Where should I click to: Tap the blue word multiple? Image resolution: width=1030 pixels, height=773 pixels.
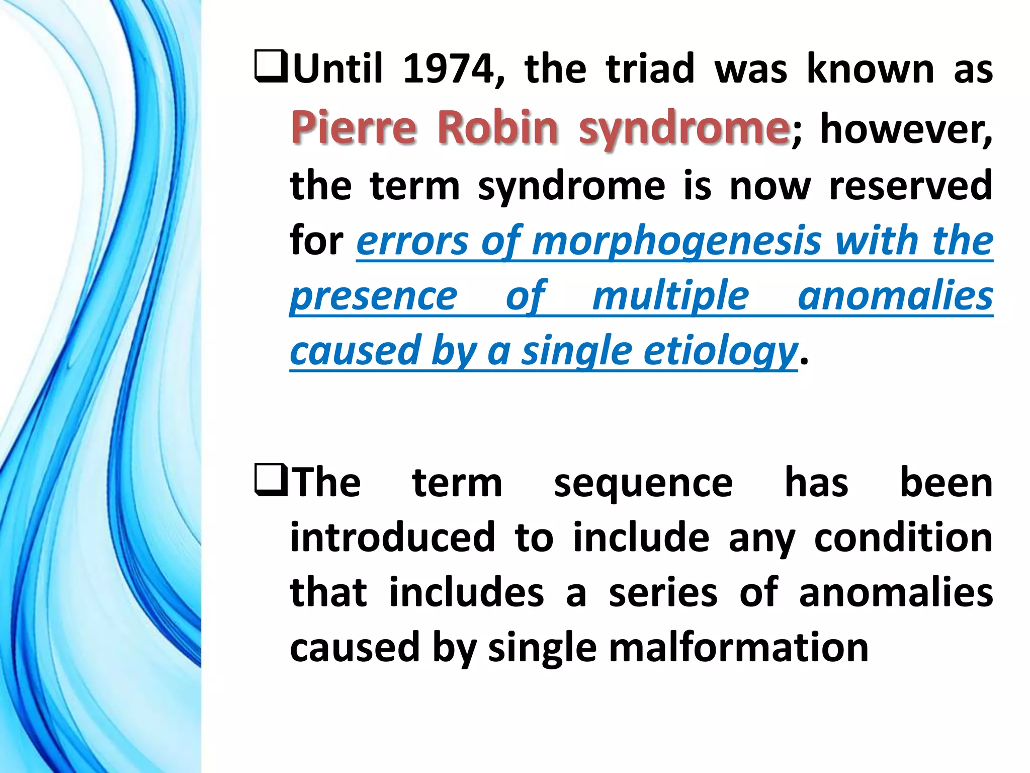670,296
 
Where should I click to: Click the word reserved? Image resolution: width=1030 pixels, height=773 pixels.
910,186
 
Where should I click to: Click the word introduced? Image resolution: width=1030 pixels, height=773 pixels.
393,537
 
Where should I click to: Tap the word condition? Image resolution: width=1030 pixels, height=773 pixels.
903,537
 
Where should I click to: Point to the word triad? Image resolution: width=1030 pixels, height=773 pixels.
650,69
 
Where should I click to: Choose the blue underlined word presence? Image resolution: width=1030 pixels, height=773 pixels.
374,297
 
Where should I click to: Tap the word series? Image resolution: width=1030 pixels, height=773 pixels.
662,592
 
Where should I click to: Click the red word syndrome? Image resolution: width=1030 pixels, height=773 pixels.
683,128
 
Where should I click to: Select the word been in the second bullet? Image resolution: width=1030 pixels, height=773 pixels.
946,483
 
